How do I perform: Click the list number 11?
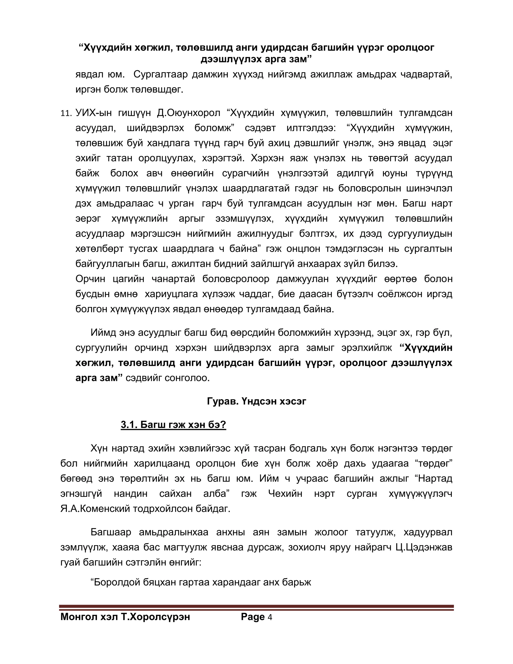coord(66,114)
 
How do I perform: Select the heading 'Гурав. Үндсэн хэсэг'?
coord(256,401)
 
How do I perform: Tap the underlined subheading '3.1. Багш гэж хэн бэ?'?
coord(173,424)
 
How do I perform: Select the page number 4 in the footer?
coord(270,617)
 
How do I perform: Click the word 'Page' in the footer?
coord(252,617)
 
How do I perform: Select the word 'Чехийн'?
coord(285,493)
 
